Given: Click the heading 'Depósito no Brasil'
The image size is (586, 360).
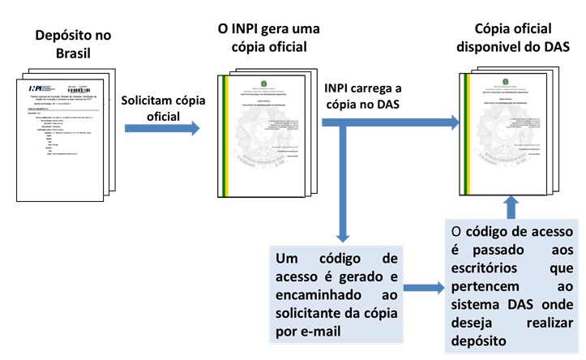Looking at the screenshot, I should [x=73, y=45].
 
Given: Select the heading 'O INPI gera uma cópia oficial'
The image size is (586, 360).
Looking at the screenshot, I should [x=269, y=37].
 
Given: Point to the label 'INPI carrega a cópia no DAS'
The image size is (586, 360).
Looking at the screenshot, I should [x=366, y=96].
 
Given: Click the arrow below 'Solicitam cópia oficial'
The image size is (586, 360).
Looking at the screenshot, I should [x=163, y=128].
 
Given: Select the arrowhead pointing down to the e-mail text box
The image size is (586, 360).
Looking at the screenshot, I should [x=342, y=235].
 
